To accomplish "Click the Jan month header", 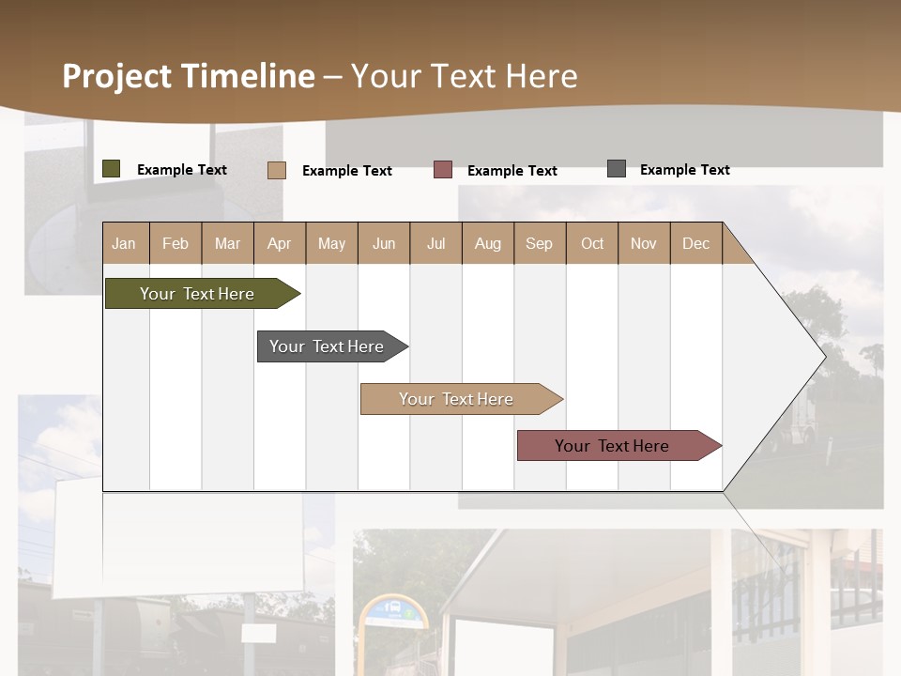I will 125,243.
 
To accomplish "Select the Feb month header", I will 176,243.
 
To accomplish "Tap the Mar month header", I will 227,243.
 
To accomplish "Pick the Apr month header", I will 280,243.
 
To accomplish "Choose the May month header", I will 331,243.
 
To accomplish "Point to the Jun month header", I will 384,243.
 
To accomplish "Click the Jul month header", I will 435,243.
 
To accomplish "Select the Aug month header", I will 488,243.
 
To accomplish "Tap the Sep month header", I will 540,243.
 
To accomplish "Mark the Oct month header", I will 592,243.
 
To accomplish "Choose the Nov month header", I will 644,243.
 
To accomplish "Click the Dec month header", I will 696,243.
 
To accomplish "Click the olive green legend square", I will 112,169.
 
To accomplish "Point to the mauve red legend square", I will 443,170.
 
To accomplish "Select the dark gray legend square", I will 617,169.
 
